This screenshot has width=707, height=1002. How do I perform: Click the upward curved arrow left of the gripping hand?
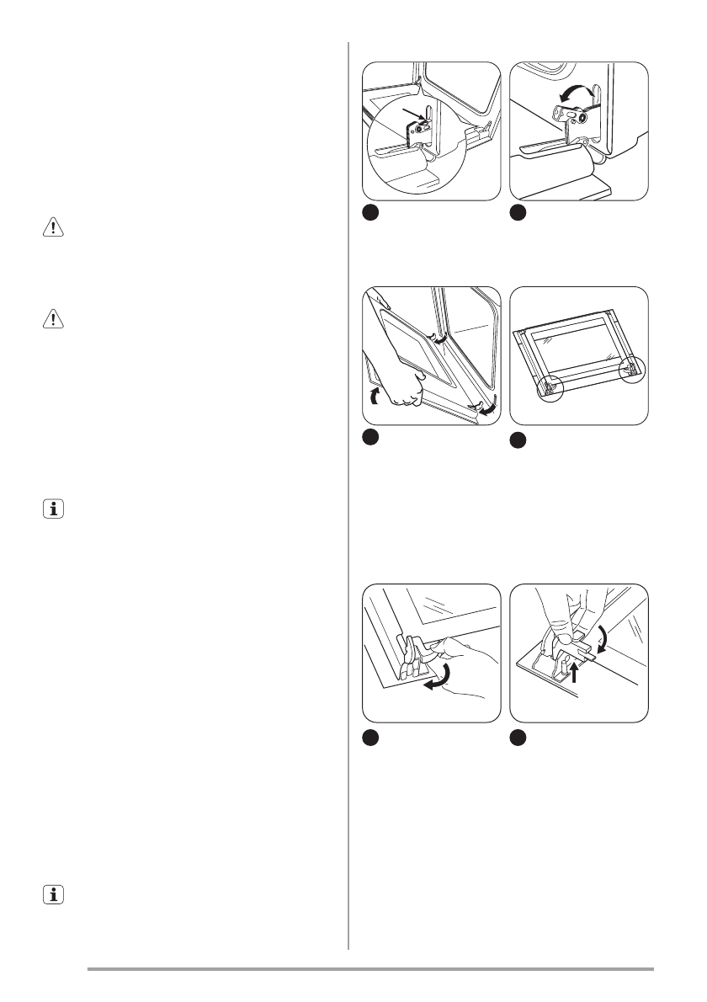point(375,397)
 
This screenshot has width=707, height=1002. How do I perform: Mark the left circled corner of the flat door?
point(548,386)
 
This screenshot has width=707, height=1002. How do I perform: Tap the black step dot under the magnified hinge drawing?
point(369,213)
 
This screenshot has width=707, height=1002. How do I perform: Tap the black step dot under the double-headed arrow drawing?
point(518,213)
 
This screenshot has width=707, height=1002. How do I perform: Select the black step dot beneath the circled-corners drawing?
point(518,439)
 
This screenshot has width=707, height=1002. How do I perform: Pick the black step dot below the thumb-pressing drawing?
point(518,736)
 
